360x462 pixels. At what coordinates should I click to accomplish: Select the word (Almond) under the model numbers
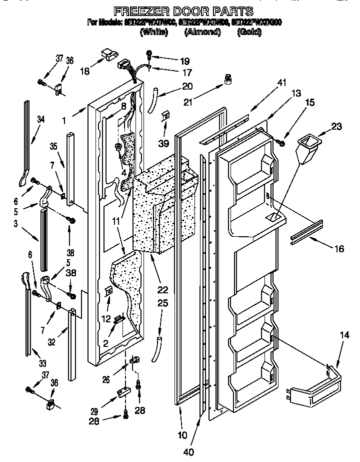tap(202, 32)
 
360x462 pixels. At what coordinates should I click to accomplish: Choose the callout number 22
tap(162, 290)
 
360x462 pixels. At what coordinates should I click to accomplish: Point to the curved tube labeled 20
tap(155, 99)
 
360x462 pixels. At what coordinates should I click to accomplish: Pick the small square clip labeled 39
tap(165, 116)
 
